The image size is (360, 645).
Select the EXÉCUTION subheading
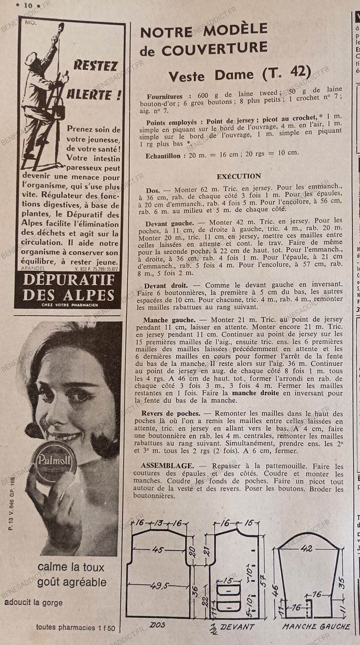239,176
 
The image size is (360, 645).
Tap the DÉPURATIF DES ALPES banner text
69,287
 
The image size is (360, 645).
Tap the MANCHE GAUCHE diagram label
317,627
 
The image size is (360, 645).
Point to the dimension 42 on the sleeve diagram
307,548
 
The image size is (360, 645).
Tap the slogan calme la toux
71,567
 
